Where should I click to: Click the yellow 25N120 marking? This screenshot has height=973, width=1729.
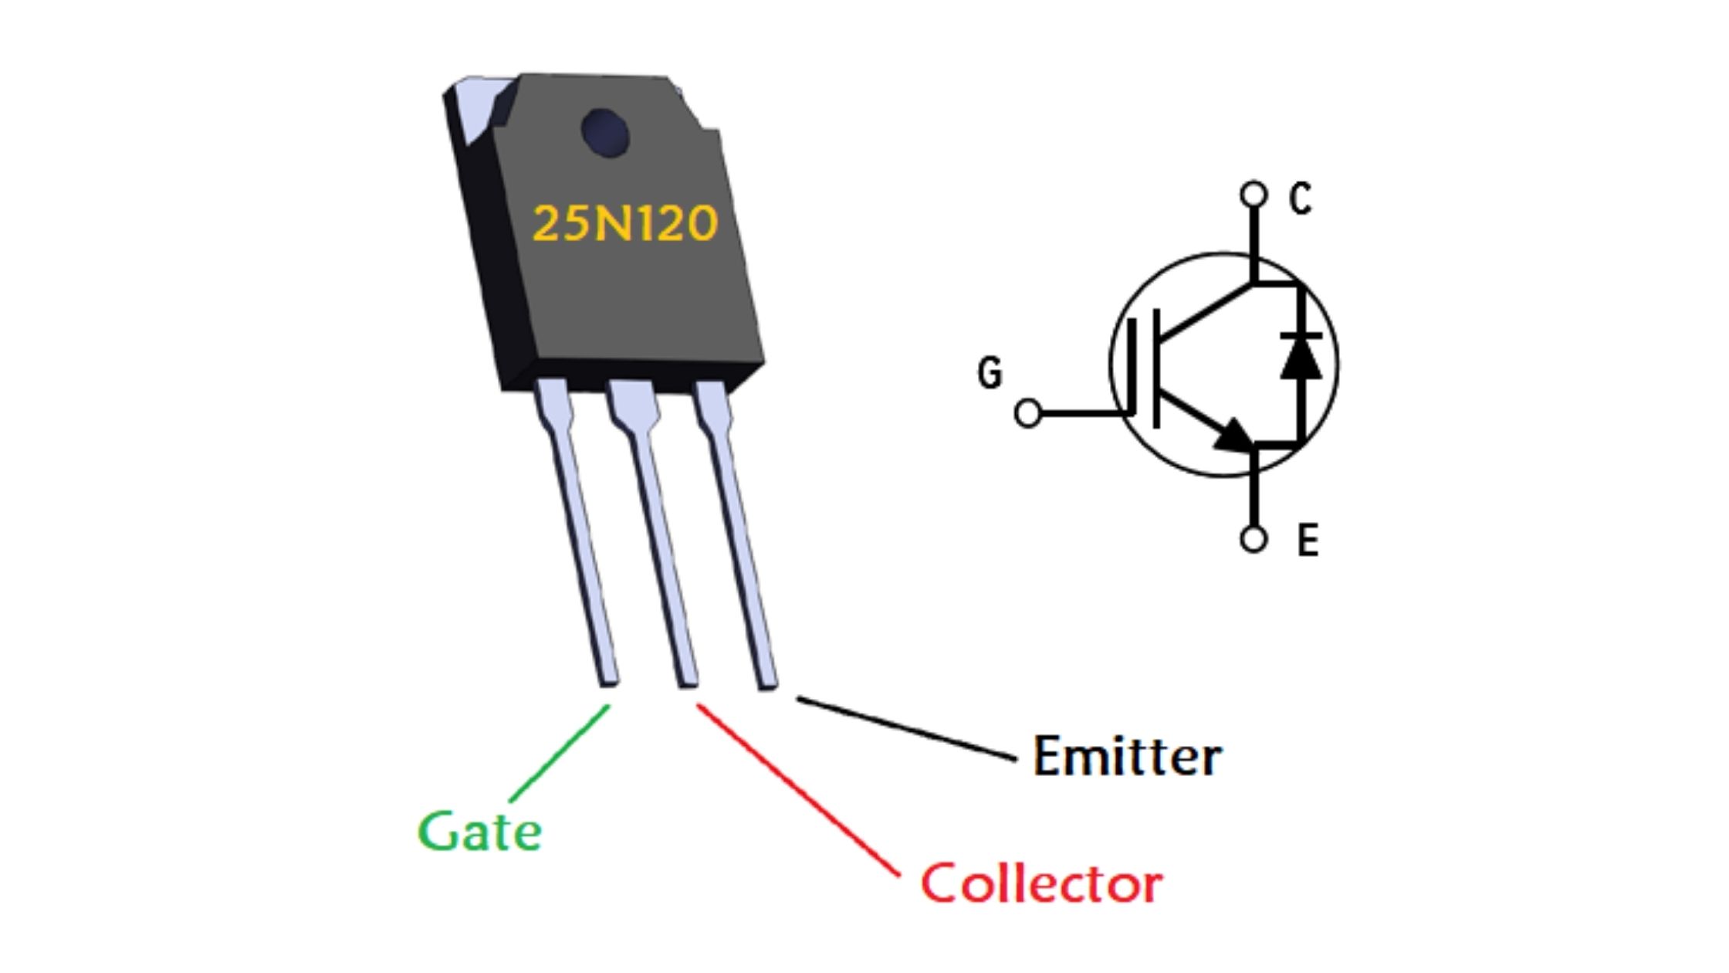point(625,224)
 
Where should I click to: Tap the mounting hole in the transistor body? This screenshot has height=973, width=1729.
point(604,133)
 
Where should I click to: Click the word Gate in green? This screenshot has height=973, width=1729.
point(479,831)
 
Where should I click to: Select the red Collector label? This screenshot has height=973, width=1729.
point(1041,883)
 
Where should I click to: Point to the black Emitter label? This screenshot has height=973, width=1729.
point(1128,756)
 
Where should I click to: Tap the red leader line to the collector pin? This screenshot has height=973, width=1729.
point(798,789)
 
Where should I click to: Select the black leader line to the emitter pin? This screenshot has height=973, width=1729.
point(907,728)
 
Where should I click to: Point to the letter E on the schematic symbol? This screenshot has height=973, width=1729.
point(1308,540)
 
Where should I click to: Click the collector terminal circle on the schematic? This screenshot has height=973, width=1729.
point(1254,194)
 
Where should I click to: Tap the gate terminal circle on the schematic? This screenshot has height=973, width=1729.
point(1028,413)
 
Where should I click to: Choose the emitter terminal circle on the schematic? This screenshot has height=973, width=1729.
point(1254,538)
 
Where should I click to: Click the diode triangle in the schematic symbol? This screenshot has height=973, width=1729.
point(1301,357)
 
